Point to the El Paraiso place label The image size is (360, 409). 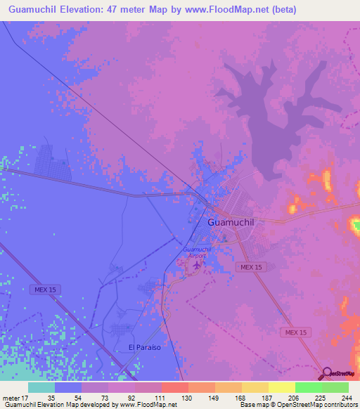tap(145, 347)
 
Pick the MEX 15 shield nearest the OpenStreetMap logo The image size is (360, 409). tap(296, 332)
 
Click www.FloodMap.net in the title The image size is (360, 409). tap(219, 10)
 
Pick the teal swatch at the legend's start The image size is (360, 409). tap(41, 387)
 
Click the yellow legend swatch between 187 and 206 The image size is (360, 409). tap(282, 387)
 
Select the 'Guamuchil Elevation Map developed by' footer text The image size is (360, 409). tap(59, 405)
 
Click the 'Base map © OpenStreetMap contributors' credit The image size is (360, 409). tap(297, 405)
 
